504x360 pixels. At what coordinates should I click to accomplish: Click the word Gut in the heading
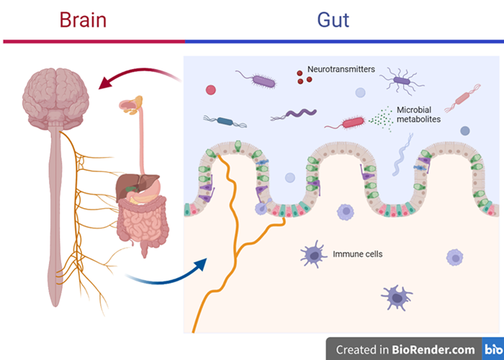point(333,19)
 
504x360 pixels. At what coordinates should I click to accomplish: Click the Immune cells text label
point(357,253)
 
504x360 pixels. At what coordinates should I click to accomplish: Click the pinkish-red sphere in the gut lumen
point(210,90)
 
